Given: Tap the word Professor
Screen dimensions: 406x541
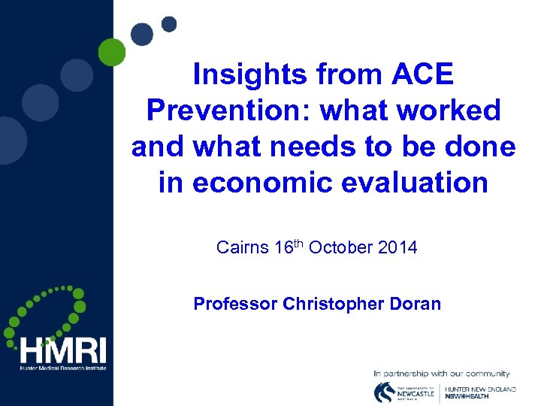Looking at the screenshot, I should coord(235,304).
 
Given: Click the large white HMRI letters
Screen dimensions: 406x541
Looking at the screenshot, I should coord(63,350).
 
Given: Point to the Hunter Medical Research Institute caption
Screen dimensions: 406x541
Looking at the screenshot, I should coord(63,368).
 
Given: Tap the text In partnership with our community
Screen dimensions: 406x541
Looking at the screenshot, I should coord(441,373).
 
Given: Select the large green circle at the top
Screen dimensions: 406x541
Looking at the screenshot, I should coord(112,52).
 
